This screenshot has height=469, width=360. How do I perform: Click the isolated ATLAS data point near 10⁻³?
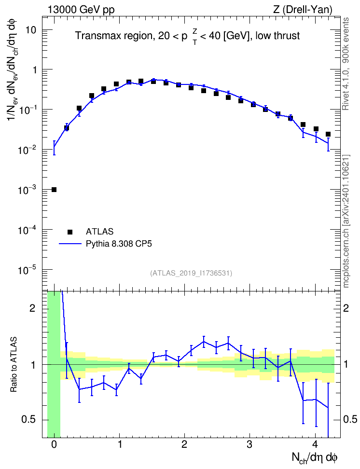[x=54, y=190]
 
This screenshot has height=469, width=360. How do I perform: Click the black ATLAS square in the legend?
[x=70, y=232]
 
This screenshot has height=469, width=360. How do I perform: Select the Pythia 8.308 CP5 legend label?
[x=119, y=244]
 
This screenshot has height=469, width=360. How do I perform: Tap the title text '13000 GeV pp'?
[x=81, y=10]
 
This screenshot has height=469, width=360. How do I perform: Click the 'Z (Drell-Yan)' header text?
[x=303, y=10]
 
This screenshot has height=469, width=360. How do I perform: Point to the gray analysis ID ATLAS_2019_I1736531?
[x=191, y=273]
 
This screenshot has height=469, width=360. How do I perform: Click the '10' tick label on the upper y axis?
[x=30, y=30]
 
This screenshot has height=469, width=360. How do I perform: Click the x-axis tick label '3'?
[x=249, y=444]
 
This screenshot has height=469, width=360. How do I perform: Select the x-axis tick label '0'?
[x=54, y=444]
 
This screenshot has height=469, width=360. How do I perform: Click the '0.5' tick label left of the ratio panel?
[x=29, y=420]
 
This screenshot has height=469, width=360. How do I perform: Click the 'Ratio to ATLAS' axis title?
[x=14, y=364]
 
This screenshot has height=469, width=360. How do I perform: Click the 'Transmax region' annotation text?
[x=113, y=36]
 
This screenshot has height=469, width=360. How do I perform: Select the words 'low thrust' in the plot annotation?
[x=277, y=36]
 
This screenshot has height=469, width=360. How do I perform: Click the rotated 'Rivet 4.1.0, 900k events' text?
[x=346, y=64]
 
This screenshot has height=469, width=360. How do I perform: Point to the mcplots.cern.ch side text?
[x=346, y=221]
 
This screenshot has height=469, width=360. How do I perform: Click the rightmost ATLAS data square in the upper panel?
[x=328, y=134]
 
